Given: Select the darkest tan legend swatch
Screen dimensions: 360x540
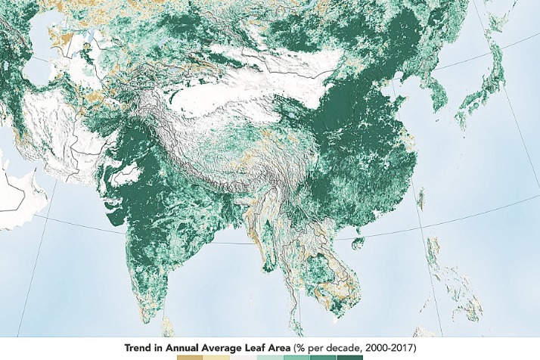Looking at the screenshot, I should tap(185, 356).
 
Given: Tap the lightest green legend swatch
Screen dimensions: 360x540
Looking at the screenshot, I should tap(268, 356).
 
